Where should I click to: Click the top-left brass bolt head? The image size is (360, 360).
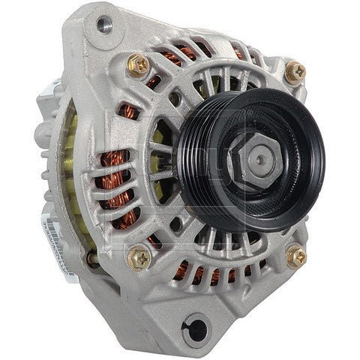[x=138, y=65]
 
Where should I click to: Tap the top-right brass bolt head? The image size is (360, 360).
[x=295, y=71]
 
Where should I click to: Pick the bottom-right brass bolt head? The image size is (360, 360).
[x=295, y=256]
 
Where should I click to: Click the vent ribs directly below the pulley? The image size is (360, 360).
[x=225, y=240]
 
